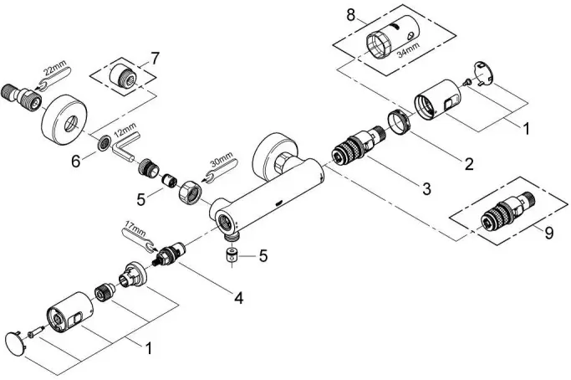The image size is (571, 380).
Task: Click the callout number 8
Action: pos(350,15)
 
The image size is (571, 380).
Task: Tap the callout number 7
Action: pos(155,59)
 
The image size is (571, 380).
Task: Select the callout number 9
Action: pos(548,232)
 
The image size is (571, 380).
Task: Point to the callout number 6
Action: pos(76,161)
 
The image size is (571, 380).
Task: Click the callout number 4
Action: pos(238,298)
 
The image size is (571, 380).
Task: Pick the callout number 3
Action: pos(426,188)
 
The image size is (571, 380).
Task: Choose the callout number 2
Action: pos(469,164)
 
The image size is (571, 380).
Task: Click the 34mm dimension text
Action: pos(408,50)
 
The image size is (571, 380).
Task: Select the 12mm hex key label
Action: pos(125,131)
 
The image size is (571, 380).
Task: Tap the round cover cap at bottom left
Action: pos(16,343)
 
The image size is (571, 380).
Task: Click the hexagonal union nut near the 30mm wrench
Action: pos(190,192)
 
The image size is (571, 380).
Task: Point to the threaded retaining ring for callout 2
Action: pos(400,122)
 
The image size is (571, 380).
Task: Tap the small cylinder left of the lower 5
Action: pos(232,254)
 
